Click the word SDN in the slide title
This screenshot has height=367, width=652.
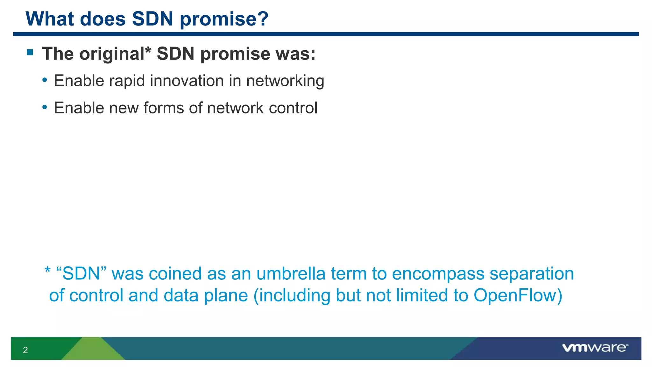[x=152, y=19]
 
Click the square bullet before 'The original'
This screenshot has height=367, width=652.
[x=30, y=52]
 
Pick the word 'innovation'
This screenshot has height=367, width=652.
[x=187, y=81]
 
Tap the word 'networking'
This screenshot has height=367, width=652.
[x=285, y=81]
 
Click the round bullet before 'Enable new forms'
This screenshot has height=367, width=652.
[x=45, y=107]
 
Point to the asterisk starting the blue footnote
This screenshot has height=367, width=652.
[x=47, y=271]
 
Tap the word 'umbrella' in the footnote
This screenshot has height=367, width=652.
[x=291, y=273]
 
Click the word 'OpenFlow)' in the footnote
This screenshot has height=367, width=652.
[x=518, y=295]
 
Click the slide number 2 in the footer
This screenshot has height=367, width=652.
[x=25, y=350]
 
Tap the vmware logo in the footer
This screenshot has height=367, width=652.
[x=595, y=348]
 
